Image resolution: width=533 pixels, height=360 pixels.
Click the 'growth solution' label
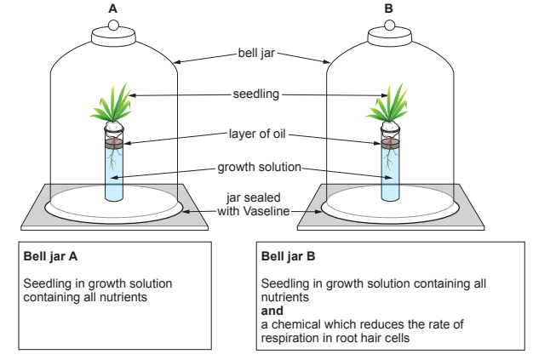pos(253,167)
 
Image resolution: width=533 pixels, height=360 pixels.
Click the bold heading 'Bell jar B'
pos(291,256)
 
